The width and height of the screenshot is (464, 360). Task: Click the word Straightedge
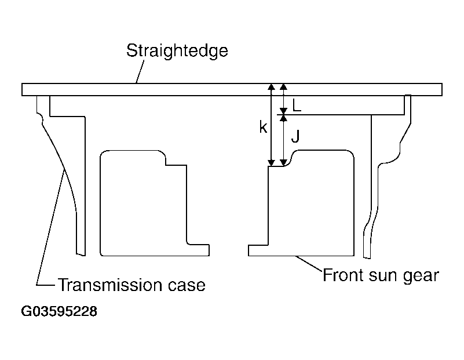coord(177,51)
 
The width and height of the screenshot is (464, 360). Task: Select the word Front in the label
coord(344,275)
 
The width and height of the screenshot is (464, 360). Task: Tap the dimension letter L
coord(297,105)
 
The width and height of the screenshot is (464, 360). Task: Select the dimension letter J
coord(295,136)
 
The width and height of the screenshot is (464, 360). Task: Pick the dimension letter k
coord(263,128)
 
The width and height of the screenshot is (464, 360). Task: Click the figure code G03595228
coord(59,311)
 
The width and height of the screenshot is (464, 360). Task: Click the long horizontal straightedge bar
coord(232,89)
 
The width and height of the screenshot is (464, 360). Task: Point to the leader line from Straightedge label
coord(140,72)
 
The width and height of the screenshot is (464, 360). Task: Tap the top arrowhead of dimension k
coord(271,86)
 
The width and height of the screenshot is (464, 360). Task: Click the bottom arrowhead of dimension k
coord(271,163)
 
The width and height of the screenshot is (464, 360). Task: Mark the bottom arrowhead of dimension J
coord(283,163)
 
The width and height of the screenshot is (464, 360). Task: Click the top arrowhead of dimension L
coord(283,86)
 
